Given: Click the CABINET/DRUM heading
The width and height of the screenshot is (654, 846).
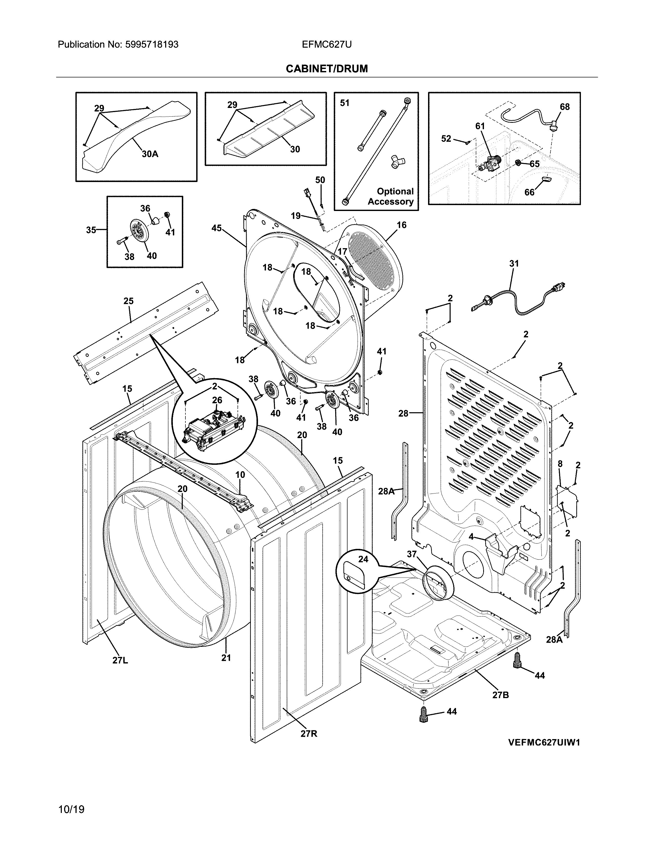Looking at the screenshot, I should [326, 69].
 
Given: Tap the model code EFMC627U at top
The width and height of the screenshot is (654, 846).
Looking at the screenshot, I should [326, 45].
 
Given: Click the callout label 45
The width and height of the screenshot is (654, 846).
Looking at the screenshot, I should [216, 228].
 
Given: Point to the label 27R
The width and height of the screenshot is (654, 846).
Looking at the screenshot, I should [309, 734].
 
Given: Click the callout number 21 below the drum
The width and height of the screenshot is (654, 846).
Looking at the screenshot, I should [226, 658].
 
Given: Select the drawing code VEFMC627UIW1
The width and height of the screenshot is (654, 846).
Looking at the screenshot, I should [544, 743].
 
